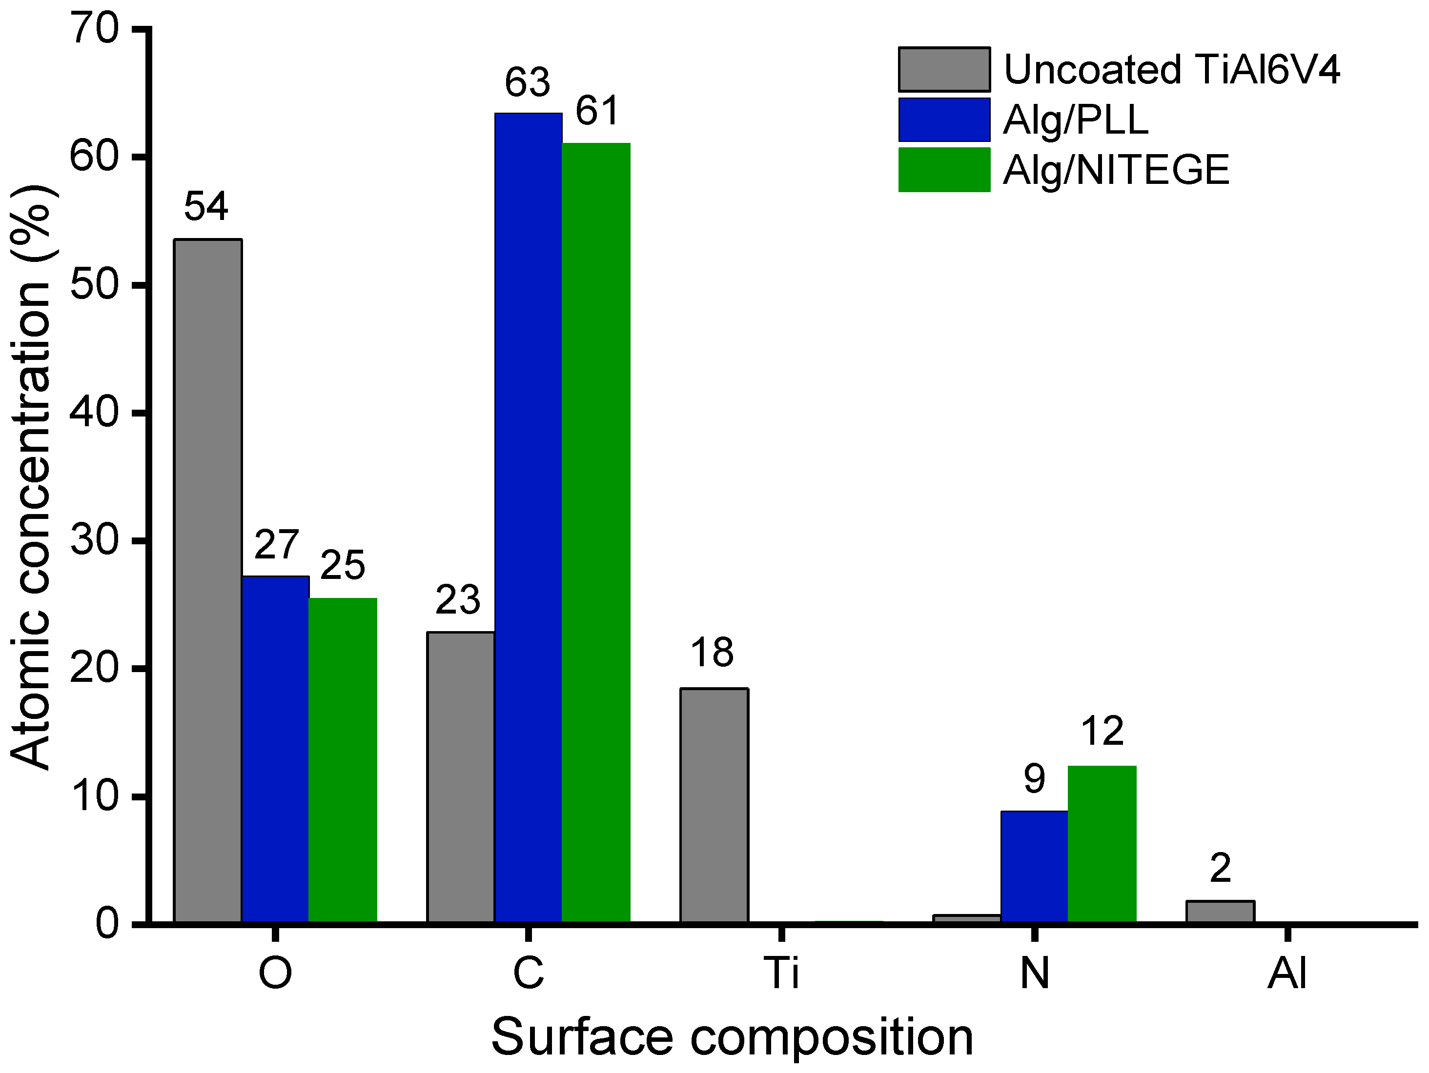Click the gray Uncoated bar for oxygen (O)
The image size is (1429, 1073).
207,581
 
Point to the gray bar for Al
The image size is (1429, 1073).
1220,912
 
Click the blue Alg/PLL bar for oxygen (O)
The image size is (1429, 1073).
275,749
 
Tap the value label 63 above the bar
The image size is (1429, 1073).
527,82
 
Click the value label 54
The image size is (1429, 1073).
206,207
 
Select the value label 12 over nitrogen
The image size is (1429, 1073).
1102,732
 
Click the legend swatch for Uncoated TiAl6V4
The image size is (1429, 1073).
943,69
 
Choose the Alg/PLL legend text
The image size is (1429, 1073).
1075,120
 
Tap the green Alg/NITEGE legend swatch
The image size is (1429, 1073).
943,170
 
